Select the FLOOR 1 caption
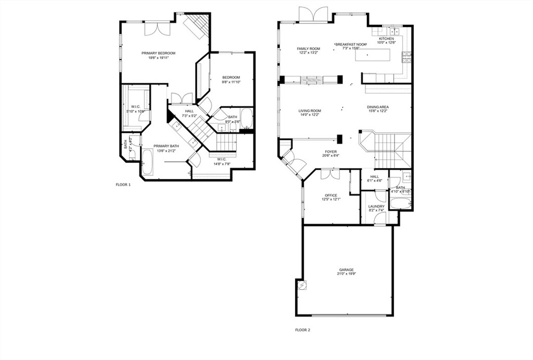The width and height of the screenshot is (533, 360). click(x=123, y=185)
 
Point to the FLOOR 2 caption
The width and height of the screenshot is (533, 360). click(x=302, y=330)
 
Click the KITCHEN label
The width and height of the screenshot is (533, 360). click(x=386, y=39)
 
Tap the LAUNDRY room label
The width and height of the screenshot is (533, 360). click(x=376, y=207)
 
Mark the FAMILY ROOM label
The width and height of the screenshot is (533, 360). click(x=308, y=49)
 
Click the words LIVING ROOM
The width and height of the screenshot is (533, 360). click(x=309, y=111)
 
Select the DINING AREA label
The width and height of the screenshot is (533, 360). click(x=378, y=107)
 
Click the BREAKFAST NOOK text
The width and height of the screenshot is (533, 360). click(x=351, y=45)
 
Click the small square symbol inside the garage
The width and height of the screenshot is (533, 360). click(x=301, y=285)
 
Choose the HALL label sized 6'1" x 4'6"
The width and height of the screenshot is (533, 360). click(x=375, y=177)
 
